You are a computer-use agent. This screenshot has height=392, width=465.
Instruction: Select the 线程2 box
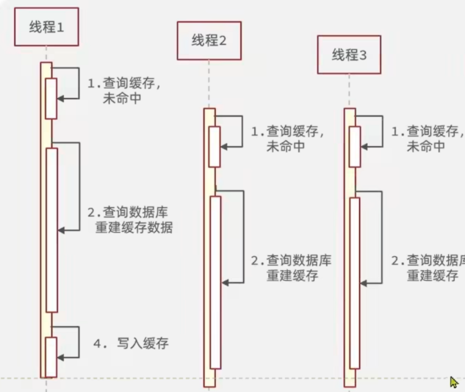tap(209, 40)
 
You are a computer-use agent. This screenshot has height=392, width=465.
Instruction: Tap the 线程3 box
tap(349, 54)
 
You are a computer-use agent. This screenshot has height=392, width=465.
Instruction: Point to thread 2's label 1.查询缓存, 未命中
tap(287, 139)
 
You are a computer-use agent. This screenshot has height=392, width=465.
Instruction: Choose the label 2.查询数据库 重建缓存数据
tap(130, 220)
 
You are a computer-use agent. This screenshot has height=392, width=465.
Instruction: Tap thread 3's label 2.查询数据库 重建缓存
tap(430, 268)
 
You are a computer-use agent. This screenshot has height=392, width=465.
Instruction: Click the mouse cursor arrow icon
tap(454, 382)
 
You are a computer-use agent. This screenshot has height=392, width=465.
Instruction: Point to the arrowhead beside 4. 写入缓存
tap(61, 357)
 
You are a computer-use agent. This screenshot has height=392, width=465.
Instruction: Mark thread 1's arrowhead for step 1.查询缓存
tap(61, 98)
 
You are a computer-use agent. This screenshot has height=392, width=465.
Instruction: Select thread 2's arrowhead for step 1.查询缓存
tap(224, 148)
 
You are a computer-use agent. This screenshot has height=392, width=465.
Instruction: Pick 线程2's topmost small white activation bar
tap(214, 147)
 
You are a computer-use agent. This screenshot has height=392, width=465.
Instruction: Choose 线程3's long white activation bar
tap(355, 283)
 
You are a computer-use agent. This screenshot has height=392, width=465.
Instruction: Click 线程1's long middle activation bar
tap(51, 230)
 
